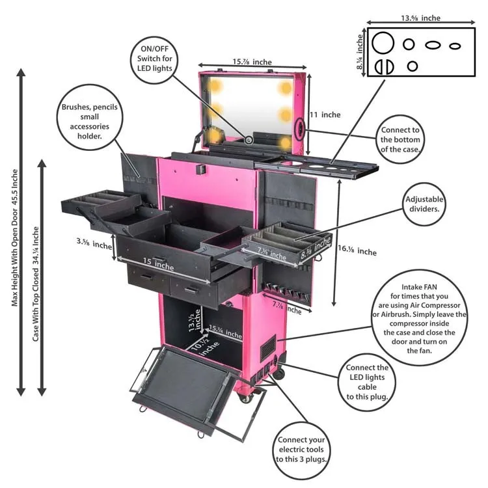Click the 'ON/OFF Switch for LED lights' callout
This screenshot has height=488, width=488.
pos(154,59)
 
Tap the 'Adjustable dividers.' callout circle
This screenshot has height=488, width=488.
pos(424,204)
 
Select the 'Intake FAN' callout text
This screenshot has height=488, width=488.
pos(419,287)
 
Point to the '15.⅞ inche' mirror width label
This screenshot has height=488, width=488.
pos(252,62)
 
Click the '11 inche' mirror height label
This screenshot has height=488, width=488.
pos(325,115)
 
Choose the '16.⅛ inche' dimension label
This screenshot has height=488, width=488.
pos(357,251)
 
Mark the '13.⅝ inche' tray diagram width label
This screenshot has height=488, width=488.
pos(420,18)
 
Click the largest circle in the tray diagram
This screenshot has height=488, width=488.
pos(383,43)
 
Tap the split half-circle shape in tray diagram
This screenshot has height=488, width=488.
pos(385,66)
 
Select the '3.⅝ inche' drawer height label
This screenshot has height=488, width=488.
pos(94,243)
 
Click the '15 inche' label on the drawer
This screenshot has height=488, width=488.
pos(158,264)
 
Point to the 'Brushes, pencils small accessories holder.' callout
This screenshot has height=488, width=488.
pos(90,117)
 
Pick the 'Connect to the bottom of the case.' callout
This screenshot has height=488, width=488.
pos(400,139)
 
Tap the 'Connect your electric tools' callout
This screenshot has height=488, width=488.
pos(301,450)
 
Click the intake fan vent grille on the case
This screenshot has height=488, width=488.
pos(268,348)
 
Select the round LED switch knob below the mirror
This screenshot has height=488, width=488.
pos(249,140)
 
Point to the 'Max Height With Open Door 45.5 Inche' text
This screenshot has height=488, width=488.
pos(15,237)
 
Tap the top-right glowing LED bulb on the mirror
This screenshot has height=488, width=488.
pos(285,88)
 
